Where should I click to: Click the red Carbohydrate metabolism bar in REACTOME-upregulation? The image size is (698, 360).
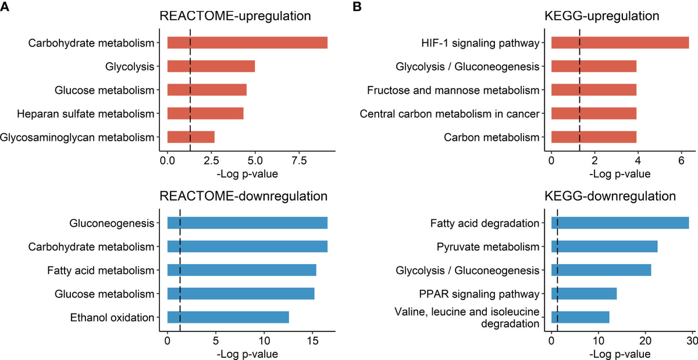247,42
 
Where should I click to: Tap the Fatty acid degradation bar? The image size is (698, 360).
620,223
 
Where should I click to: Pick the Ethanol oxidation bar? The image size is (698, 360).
228,318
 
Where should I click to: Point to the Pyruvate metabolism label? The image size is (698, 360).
487,247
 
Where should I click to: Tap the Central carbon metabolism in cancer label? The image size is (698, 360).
450,113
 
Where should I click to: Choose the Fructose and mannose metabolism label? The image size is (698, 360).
453,90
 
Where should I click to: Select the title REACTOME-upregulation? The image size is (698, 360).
236,16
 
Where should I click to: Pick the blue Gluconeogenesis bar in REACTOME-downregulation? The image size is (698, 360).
247,223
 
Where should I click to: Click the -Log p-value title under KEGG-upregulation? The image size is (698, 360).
619,173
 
